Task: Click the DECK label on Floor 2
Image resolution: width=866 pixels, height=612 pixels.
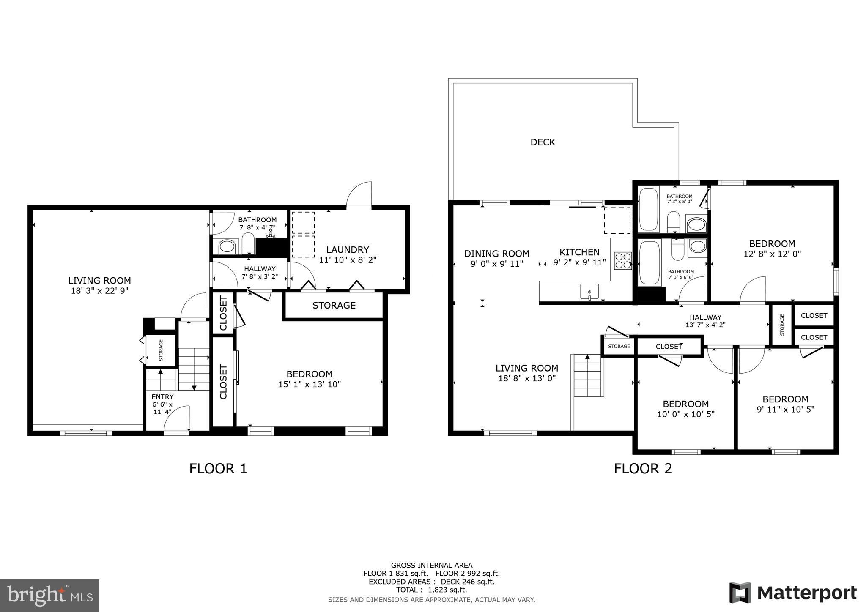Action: click(543, 142)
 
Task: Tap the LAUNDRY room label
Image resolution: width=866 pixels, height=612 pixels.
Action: click(348, 250)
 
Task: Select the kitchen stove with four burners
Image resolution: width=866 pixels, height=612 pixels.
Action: click(622, 260)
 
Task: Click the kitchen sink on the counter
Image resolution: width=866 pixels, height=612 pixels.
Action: click(589, 292)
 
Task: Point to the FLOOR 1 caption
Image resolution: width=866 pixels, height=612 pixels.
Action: click(218, 469)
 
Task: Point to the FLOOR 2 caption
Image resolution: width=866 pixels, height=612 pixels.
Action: click(643, 469)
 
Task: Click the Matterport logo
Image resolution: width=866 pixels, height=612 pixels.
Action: click(792, 593)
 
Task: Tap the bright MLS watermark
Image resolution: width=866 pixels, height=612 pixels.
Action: click(49, 596)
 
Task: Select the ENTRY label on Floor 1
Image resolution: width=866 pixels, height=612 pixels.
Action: click(162, 397)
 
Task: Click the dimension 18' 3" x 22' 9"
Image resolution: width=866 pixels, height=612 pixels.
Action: click(99, 291)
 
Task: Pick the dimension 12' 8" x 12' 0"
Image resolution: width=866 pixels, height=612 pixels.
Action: click(772, 254)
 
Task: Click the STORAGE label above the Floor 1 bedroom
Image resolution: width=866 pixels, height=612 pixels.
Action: click(334, 306)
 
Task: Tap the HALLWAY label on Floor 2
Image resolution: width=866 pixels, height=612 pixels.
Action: click(705, 317)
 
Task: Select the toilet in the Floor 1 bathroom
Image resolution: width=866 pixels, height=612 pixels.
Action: click(248, 244)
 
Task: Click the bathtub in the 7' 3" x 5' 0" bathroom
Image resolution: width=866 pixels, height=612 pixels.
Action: click(648, 210)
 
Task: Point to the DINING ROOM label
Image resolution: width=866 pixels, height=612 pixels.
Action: click(496, 254)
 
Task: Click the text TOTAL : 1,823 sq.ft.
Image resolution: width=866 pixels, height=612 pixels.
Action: click(431, 590)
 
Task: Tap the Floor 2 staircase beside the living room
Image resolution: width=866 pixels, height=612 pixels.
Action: click(587, 376)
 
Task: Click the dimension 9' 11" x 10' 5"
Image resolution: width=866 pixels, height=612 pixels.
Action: click(785, 410)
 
